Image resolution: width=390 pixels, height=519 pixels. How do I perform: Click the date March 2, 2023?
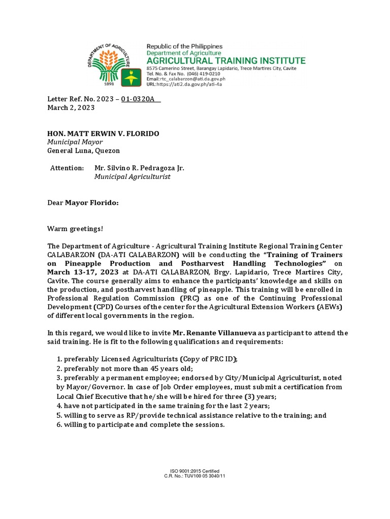[x=71, y=108]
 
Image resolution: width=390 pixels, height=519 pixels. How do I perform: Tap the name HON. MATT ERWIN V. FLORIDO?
[x=103, y=133]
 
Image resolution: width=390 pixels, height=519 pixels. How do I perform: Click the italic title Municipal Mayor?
[x=75, y=142]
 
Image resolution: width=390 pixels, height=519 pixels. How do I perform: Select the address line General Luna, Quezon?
[x=84, y=151]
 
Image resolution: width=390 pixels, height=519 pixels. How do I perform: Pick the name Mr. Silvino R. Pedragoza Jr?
[x=139, y=168]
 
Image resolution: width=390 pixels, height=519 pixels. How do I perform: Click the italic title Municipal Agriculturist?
[x=133, y=176]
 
